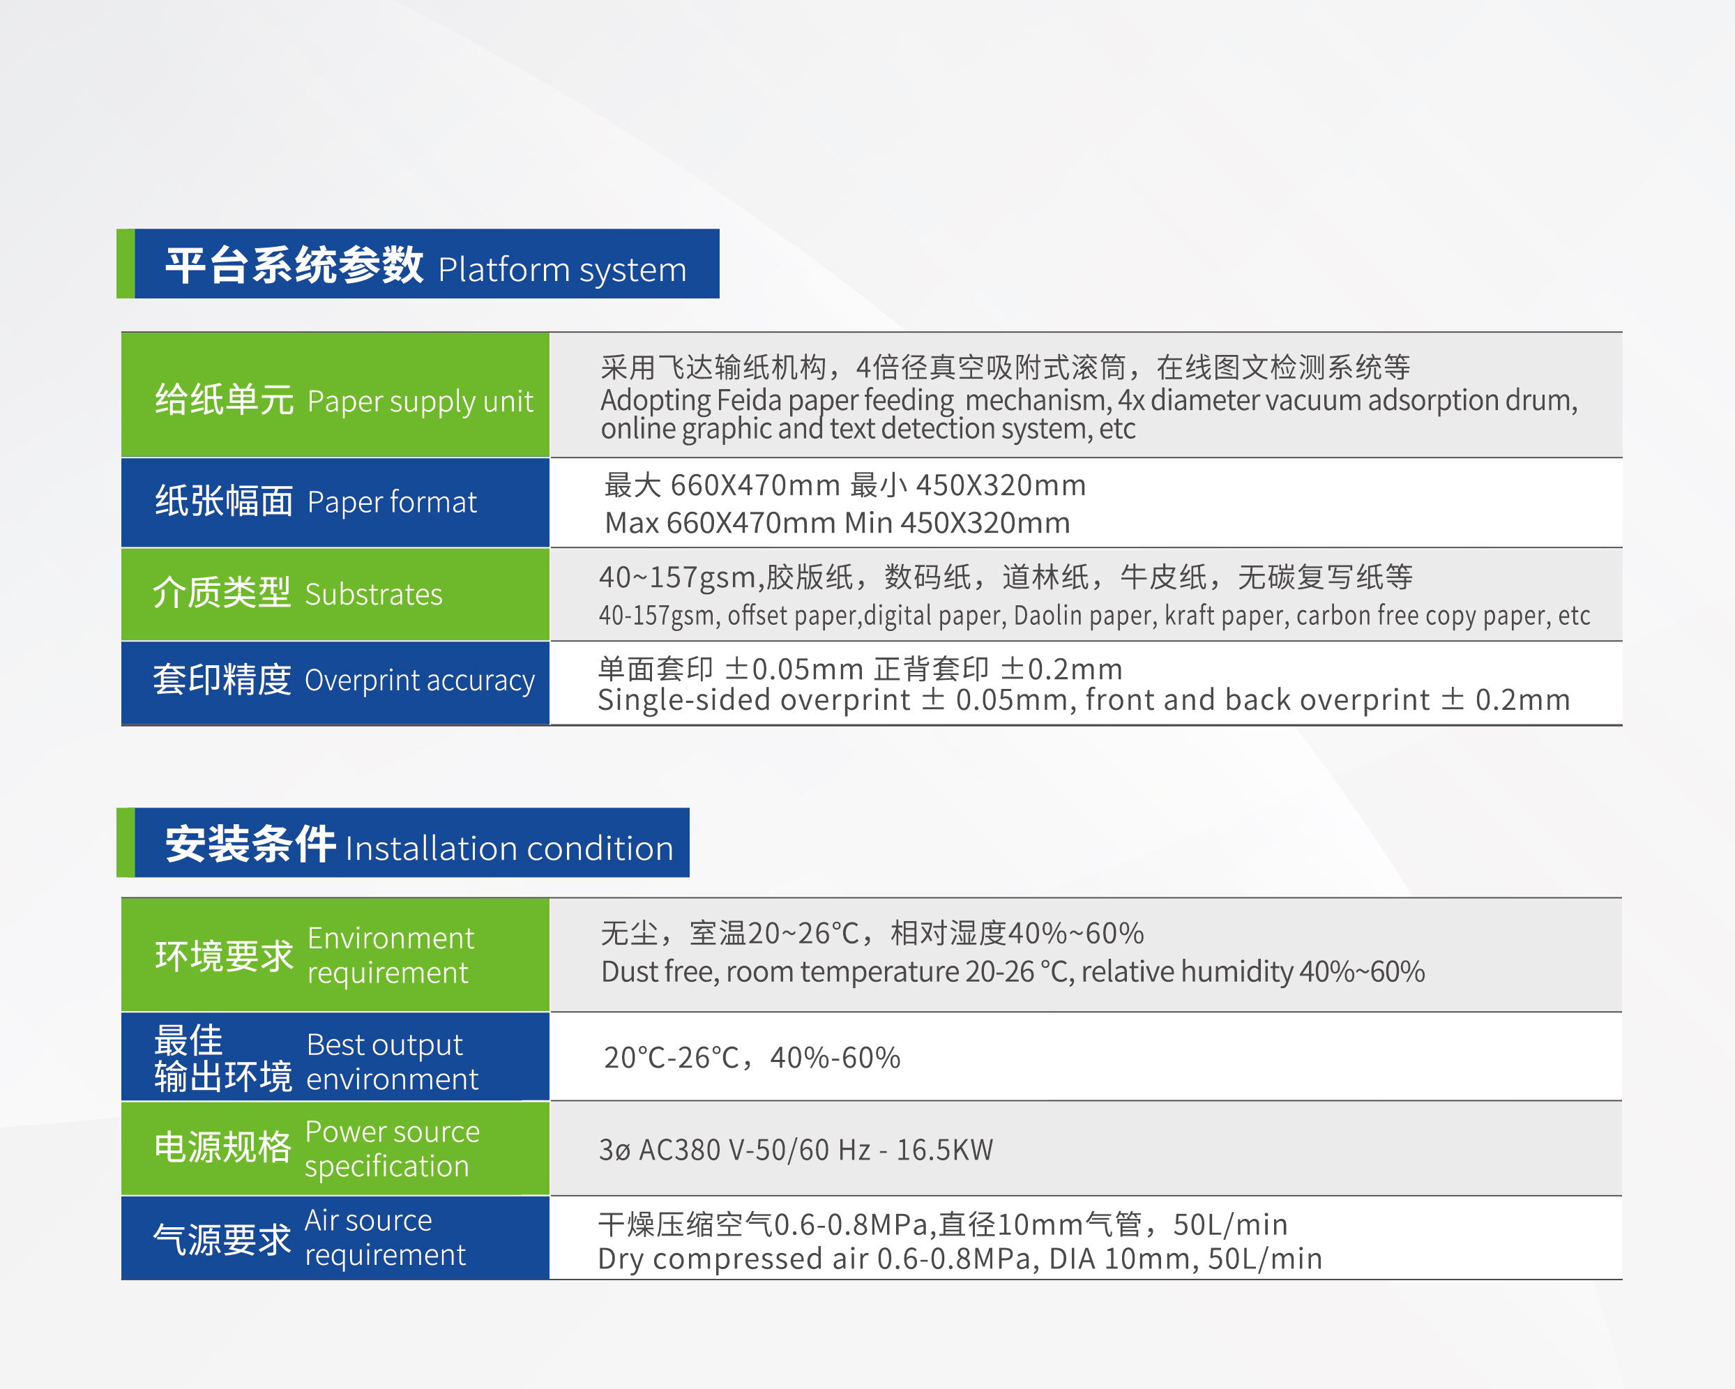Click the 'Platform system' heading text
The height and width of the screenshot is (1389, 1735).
coord(561,271)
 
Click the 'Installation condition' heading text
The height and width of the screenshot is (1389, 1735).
coord(509,848)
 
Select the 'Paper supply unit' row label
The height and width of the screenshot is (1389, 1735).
coord(420,402)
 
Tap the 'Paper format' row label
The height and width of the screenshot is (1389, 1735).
coord(392,502)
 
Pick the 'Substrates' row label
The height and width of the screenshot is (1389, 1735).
coord(373,594)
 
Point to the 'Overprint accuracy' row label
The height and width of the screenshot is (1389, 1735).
coord(419,681)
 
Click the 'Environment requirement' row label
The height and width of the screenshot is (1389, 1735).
coord(391,955)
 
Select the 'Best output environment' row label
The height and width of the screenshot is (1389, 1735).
coord(392,1061)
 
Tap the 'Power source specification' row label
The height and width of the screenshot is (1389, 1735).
coord(392,1149)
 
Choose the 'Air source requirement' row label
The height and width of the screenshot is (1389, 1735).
coord(385,1238)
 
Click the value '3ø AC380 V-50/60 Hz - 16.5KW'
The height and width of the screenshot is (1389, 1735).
coord(796,1150)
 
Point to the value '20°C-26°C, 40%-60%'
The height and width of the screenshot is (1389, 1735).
coord(752,1058)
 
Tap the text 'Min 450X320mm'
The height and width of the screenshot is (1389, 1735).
coord(957,523)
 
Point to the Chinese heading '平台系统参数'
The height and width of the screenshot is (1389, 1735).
coord(294,265)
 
